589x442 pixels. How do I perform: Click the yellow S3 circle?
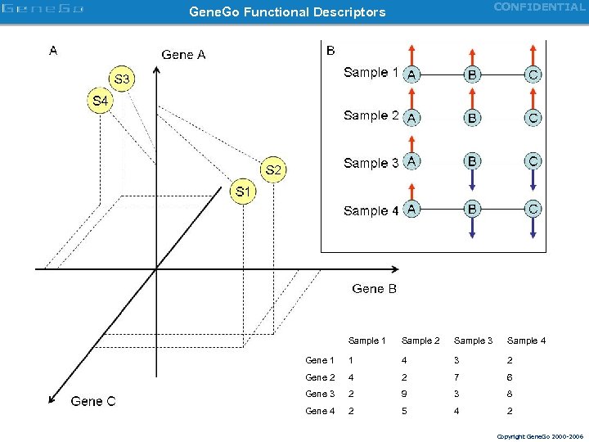coord(121,79)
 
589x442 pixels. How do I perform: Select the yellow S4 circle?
coord(99,101)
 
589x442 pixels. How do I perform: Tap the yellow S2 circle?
coord(273,170)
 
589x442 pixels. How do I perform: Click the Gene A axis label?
coord(183,55)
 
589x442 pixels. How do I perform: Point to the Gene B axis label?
coord(374,288)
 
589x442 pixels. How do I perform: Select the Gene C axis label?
coord(93,401)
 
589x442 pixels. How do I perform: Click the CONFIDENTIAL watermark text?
coord(539,7)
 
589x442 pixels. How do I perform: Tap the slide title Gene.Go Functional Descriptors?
coord(287,12)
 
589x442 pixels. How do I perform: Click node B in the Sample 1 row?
coord(472,75)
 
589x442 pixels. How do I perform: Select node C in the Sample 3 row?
coord(533,161)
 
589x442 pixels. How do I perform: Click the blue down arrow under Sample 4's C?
coord(533,228)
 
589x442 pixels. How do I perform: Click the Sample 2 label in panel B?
coord(371,115)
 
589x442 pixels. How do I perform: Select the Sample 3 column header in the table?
coord(473,341)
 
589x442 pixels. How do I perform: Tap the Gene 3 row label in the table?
coord(320,394)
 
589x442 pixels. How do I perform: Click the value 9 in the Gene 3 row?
coord(404,394)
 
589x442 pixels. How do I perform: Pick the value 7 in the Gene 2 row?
coord(456,377)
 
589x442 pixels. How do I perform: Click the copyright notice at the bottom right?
coord(540,435)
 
